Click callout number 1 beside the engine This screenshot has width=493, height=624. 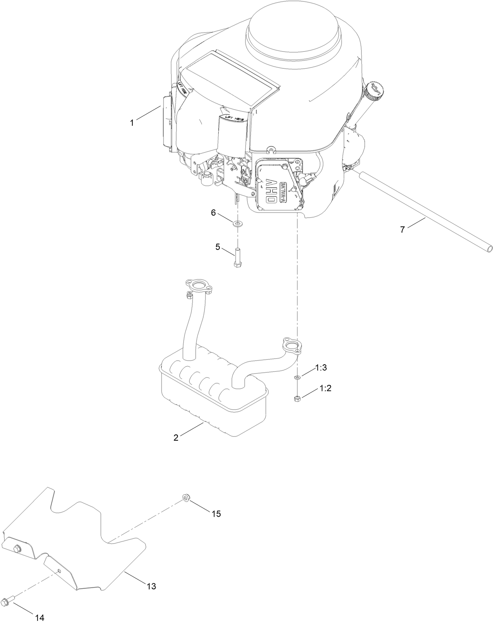[132, 123]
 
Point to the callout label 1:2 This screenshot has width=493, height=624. [325, 388]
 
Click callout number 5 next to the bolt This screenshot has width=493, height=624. [217, 247]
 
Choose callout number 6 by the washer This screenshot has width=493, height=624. [213, 212]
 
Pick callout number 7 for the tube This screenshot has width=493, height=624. [402, 230]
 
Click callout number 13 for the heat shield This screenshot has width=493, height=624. [151, 586]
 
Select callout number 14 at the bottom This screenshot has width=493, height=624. [40, 618]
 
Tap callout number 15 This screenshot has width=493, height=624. [216, 514]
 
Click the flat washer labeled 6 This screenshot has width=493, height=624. [237, 224]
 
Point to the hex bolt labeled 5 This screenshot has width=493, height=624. [237, 257]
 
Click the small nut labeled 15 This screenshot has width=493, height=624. [185, 498]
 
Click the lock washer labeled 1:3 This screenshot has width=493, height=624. [297, 377]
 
